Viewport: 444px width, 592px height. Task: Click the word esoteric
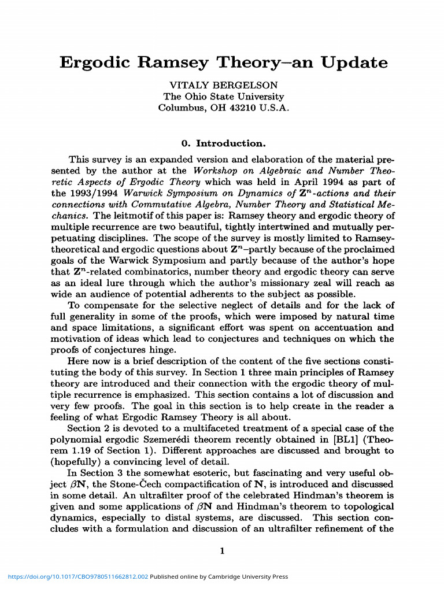point(192,473)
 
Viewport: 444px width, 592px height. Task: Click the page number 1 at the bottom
point(222,551)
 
